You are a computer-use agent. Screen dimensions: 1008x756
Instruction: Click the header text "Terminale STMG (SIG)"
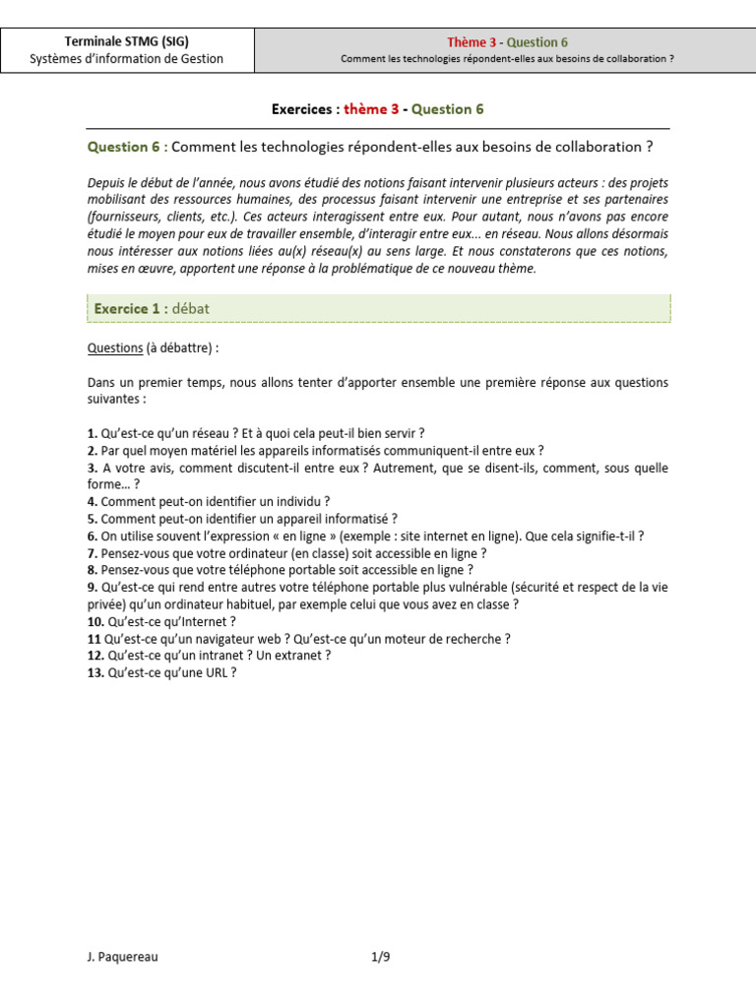point(126,41)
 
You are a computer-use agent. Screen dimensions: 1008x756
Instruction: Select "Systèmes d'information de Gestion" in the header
point(126,59)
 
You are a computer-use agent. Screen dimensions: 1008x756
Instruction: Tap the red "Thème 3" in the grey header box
point(472,41)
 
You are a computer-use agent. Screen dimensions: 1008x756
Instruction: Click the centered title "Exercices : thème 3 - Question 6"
point(377,109)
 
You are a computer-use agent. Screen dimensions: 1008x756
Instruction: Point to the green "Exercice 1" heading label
point(127,309)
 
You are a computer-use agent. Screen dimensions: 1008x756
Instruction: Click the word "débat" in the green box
point(190,309)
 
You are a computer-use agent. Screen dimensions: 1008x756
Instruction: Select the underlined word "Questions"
point(114,347)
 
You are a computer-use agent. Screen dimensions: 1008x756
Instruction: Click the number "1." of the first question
point(93,433)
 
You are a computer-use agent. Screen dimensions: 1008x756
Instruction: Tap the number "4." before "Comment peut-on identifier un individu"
point(93,501)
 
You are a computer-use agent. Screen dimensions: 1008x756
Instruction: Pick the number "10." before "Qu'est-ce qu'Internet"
point(95,621)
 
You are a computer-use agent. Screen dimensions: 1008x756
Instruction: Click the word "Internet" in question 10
point(202,621)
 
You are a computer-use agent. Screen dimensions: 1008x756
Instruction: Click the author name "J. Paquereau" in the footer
point(122,956)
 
